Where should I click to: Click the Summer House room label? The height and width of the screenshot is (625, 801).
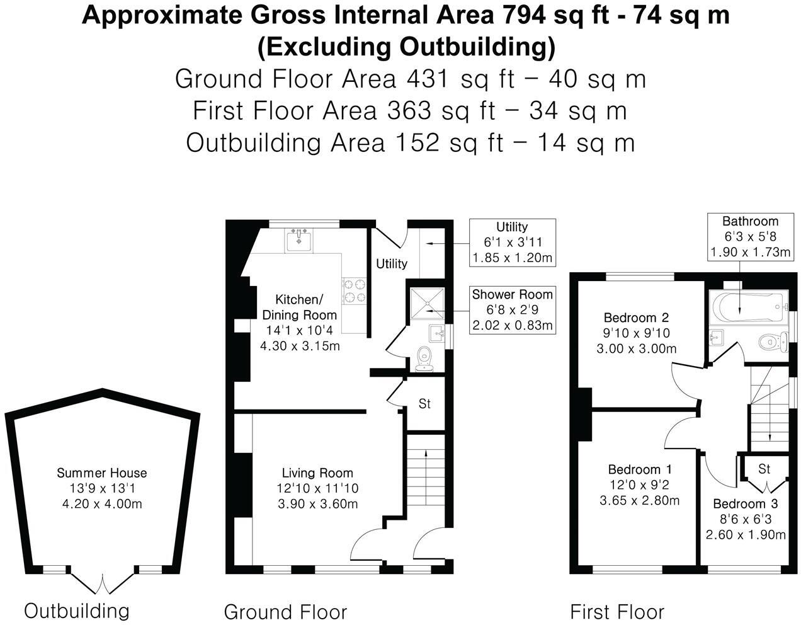[x=102, y=473]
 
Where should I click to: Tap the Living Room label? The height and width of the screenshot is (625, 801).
[x=317, y=473]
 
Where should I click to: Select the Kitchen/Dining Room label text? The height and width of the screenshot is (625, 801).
[x=299, y=307]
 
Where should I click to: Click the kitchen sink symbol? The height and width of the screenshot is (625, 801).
[x=298, y=241]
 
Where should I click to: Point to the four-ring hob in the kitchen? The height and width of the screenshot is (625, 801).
[x=355, y=290]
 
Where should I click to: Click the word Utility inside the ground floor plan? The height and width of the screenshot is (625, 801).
[x=392, y=263]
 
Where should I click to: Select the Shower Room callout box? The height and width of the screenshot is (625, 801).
[x=513, y=310]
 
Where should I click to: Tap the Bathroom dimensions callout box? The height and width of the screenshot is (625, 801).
[x=751, y=237]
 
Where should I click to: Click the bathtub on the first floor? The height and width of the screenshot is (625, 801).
[x=748, y=306]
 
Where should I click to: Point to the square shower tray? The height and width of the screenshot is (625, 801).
[x=427, y=304]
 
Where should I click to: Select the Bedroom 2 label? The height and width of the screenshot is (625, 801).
[x=636, y=318]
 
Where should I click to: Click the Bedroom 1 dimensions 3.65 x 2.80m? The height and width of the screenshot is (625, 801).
[x=640, y=500]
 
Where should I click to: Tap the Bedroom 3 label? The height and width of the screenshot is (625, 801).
[x=746, y=503]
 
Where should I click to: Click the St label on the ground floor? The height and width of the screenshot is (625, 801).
[x=424, y=404]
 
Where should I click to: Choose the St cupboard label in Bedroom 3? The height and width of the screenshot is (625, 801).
[x=764, y=469]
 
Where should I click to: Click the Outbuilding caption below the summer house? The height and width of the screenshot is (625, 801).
[x=77, y=611]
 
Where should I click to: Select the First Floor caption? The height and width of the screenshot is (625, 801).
[x=617, y=612]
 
